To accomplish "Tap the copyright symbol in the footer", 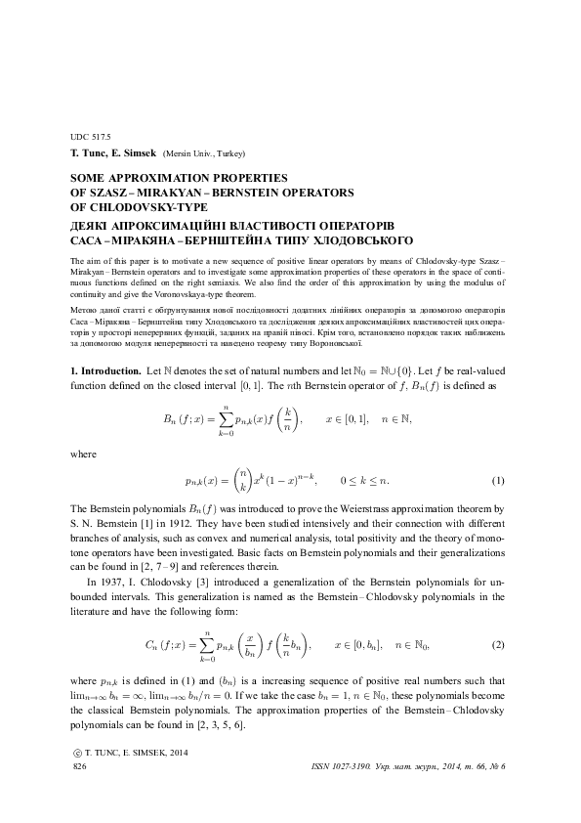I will (78, 754).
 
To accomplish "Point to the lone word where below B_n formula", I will (85, 454).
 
